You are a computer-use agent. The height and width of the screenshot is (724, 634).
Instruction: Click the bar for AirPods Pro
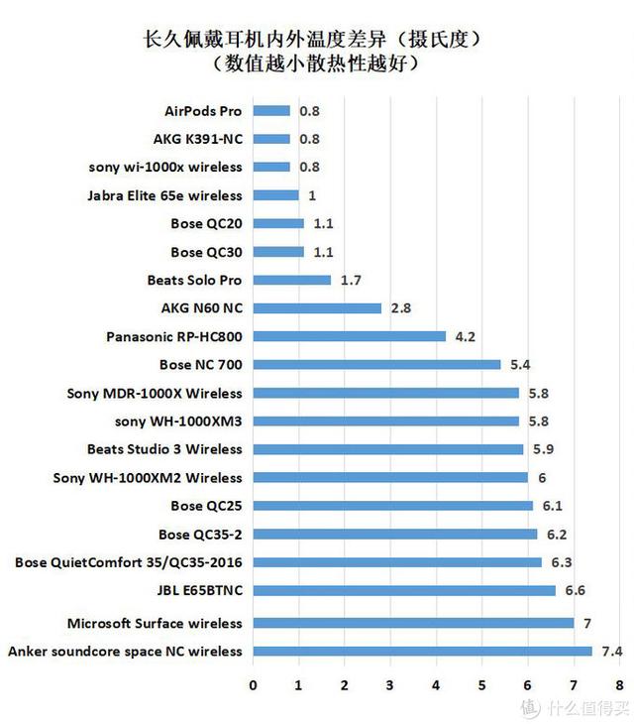272,111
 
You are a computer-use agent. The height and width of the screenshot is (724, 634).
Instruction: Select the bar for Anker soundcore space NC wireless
423,652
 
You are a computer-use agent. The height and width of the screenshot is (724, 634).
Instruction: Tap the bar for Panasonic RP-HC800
350,336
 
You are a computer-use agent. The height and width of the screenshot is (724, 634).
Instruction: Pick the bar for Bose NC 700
377,365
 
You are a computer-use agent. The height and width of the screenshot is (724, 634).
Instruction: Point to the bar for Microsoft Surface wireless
414,623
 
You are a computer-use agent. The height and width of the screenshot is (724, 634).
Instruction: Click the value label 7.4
611,652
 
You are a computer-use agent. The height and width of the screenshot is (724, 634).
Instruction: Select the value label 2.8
401,308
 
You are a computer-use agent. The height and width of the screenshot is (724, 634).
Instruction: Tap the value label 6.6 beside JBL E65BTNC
576,591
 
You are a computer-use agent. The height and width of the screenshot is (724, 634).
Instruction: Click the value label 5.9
543,449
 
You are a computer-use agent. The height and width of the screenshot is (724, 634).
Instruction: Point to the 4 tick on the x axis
436,685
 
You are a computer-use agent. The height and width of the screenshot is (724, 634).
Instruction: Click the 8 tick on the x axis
618,685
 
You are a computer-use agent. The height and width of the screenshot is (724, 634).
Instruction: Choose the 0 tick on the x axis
254,685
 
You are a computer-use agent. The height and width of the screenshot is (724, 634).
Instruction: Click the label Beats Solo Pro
194,281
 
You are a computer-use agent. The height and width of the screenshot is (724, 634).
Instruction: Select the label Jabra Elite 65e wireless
164,195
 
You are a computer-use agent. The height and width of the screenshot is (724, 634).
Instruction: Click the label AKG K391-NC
197,140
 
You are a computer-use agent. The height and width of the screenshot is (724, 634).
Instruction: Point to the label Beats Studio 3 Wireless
164,449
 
